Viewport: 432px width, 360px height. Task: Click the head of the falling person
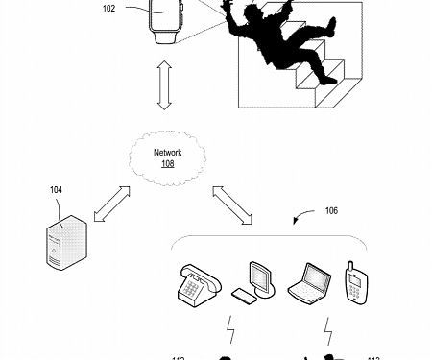(x=256, y=17)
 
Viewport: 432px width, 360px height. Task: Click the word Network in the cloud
(x=168, y=152)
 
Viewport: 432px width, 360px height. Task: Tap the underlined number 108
(x=168, y=163)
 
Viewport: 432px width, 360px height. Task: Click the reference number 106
(x=331, y=210)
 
